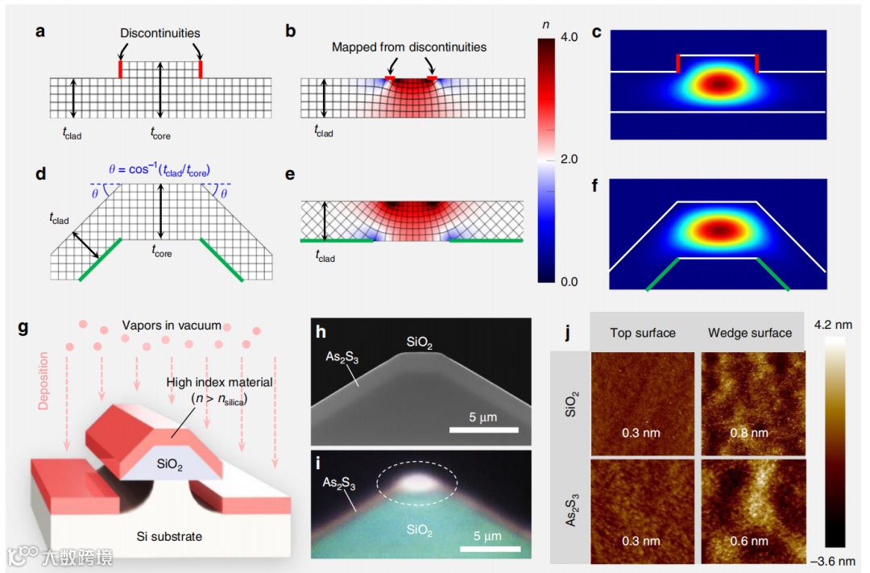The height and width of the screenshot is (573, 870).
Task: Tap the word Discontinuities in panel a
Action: [x=160, y=33]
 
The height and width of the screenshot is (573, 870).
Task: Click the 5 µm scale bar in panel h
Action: [x=483, y=430]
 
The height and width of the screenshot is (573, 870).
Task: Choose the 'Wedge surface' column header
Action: [x=749, y=332]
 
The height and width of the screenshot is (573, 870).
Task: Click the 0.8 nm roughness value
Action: [x=750, y=433]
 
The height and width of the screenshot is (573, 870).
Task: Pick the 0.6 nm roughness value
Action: [x=750, y=541]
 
